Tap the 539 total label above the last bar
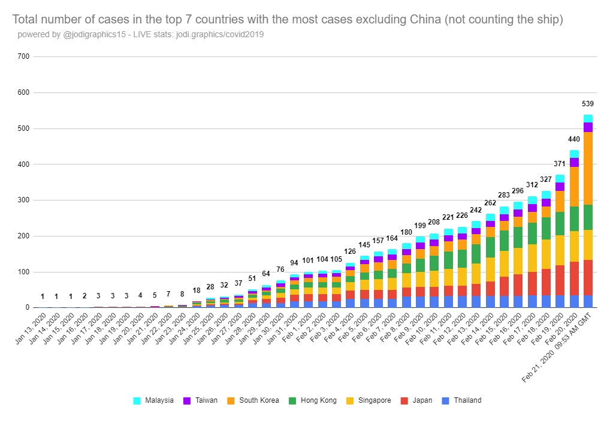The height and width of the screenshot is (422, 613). tap(588, 104)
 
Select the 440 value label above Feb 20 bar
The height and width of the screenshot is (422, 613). tap(574, 139)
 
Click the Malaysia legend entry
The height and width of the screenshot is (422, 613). tap(154, 400)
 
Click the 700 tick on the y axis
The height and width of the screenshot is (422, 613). tap(24, 57)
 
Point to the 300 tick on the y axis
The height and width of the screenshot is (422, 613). tap(24, 200)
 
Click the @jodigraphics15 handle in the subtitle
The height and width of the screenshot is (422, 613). tap(95, 34)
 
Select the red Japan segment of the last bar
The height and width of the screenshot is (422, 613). tap(588, 277)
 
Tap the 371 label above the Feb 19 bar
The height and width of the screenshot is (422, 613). tap(560, 164)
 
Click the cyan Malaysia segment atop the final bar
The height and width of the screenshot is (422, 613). tap(588, 118)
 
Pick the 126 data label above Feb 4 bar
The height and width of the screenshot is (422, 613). tap(350, 252)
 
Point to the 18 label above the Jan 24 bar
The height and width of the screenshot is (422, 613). tap(197, 291)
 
